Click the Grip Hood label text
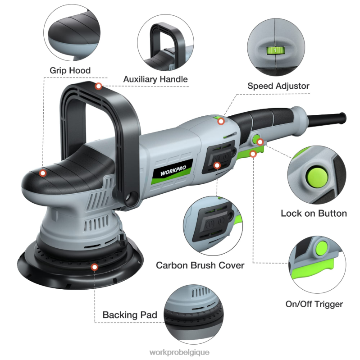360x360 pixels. point(70,70)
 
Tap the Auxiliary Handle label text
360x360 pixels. point(155,79)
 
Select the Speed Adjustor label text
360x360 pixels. point(278,86)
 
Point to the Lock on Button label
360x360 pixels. point(314,213)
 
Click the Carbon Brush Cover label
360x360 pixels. point(200,265)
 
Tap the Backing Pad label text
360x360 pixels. point(130,314)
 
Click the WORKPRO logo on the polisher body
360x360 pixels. point(176,172)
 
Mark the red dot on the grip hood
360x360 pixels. point(43,173)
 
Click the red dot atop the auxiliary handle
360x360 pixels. point(98,86)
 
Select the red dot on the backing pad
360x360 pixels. point(94,267)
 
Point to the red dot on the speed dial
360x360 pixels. point(221,121)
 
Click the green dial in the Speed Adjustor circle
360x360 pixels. point(273,50)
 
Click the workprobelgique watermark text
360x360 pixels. point(179,352)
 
